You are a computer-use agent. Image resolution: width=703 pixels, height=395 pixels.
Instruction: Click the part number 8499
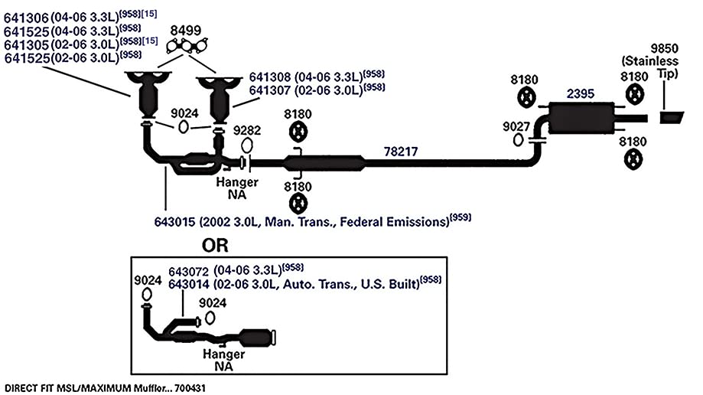point(186,31)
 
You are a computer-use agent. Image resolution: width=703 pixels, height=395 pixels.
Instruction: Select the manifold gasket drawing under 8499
point(187,46)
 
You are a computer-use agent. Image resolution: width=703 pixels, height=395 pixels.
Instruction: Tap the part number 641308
point(270,77)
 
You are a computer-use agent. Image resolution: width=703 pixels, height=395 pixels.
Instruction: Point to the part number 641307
point(270,90)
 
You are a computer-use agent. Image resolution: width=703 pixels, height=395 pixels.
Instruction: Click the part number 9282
point(247,130)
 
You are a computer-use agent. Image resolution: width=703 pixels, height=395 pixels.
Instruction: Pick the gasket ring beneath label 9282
point(247,145)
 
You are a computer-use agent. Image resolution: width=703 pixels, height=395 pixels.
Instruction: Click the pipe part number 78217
point(401,152)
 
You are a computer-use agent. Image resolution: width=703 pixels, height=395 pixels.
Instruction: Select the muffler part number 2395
point(580,93)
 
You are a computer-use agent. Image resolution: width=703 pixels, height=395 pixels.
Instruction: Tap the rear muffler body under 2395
point(581,118)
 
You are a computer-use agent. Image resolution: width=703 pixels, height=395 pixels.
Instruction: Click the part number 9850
point(664,48)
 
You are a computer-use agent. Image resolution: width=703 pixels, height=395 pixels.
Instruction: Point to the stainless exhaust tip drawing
point(671,118)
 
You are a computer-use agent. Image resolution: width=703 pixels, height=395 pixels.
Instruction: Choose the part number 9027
point(516,126)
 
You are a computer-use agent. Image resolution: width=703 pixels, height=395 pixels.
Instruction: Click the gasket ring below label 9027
point(519,140)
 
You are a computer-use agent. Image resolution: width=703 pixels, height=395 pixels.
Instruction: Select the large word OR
point(215,246)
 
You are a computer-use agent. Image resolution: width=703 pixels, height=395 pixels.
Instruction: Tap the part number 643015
point(175,222)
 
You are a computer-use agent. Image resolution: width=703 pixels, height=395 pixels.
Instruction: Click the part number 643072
point(189,272)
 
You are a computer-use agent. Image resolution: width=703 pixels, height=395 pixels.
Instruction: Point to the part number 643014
point(189,285)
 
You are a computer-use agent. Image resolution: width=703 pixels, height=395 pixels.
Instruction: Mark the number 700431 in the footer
point(190,388)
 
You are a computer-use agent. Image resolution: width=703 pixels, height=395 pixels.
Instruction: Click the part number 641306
point(26,18)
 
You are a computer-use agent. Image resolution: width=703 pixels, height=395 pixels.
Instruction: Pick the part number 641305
point(26,45)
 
